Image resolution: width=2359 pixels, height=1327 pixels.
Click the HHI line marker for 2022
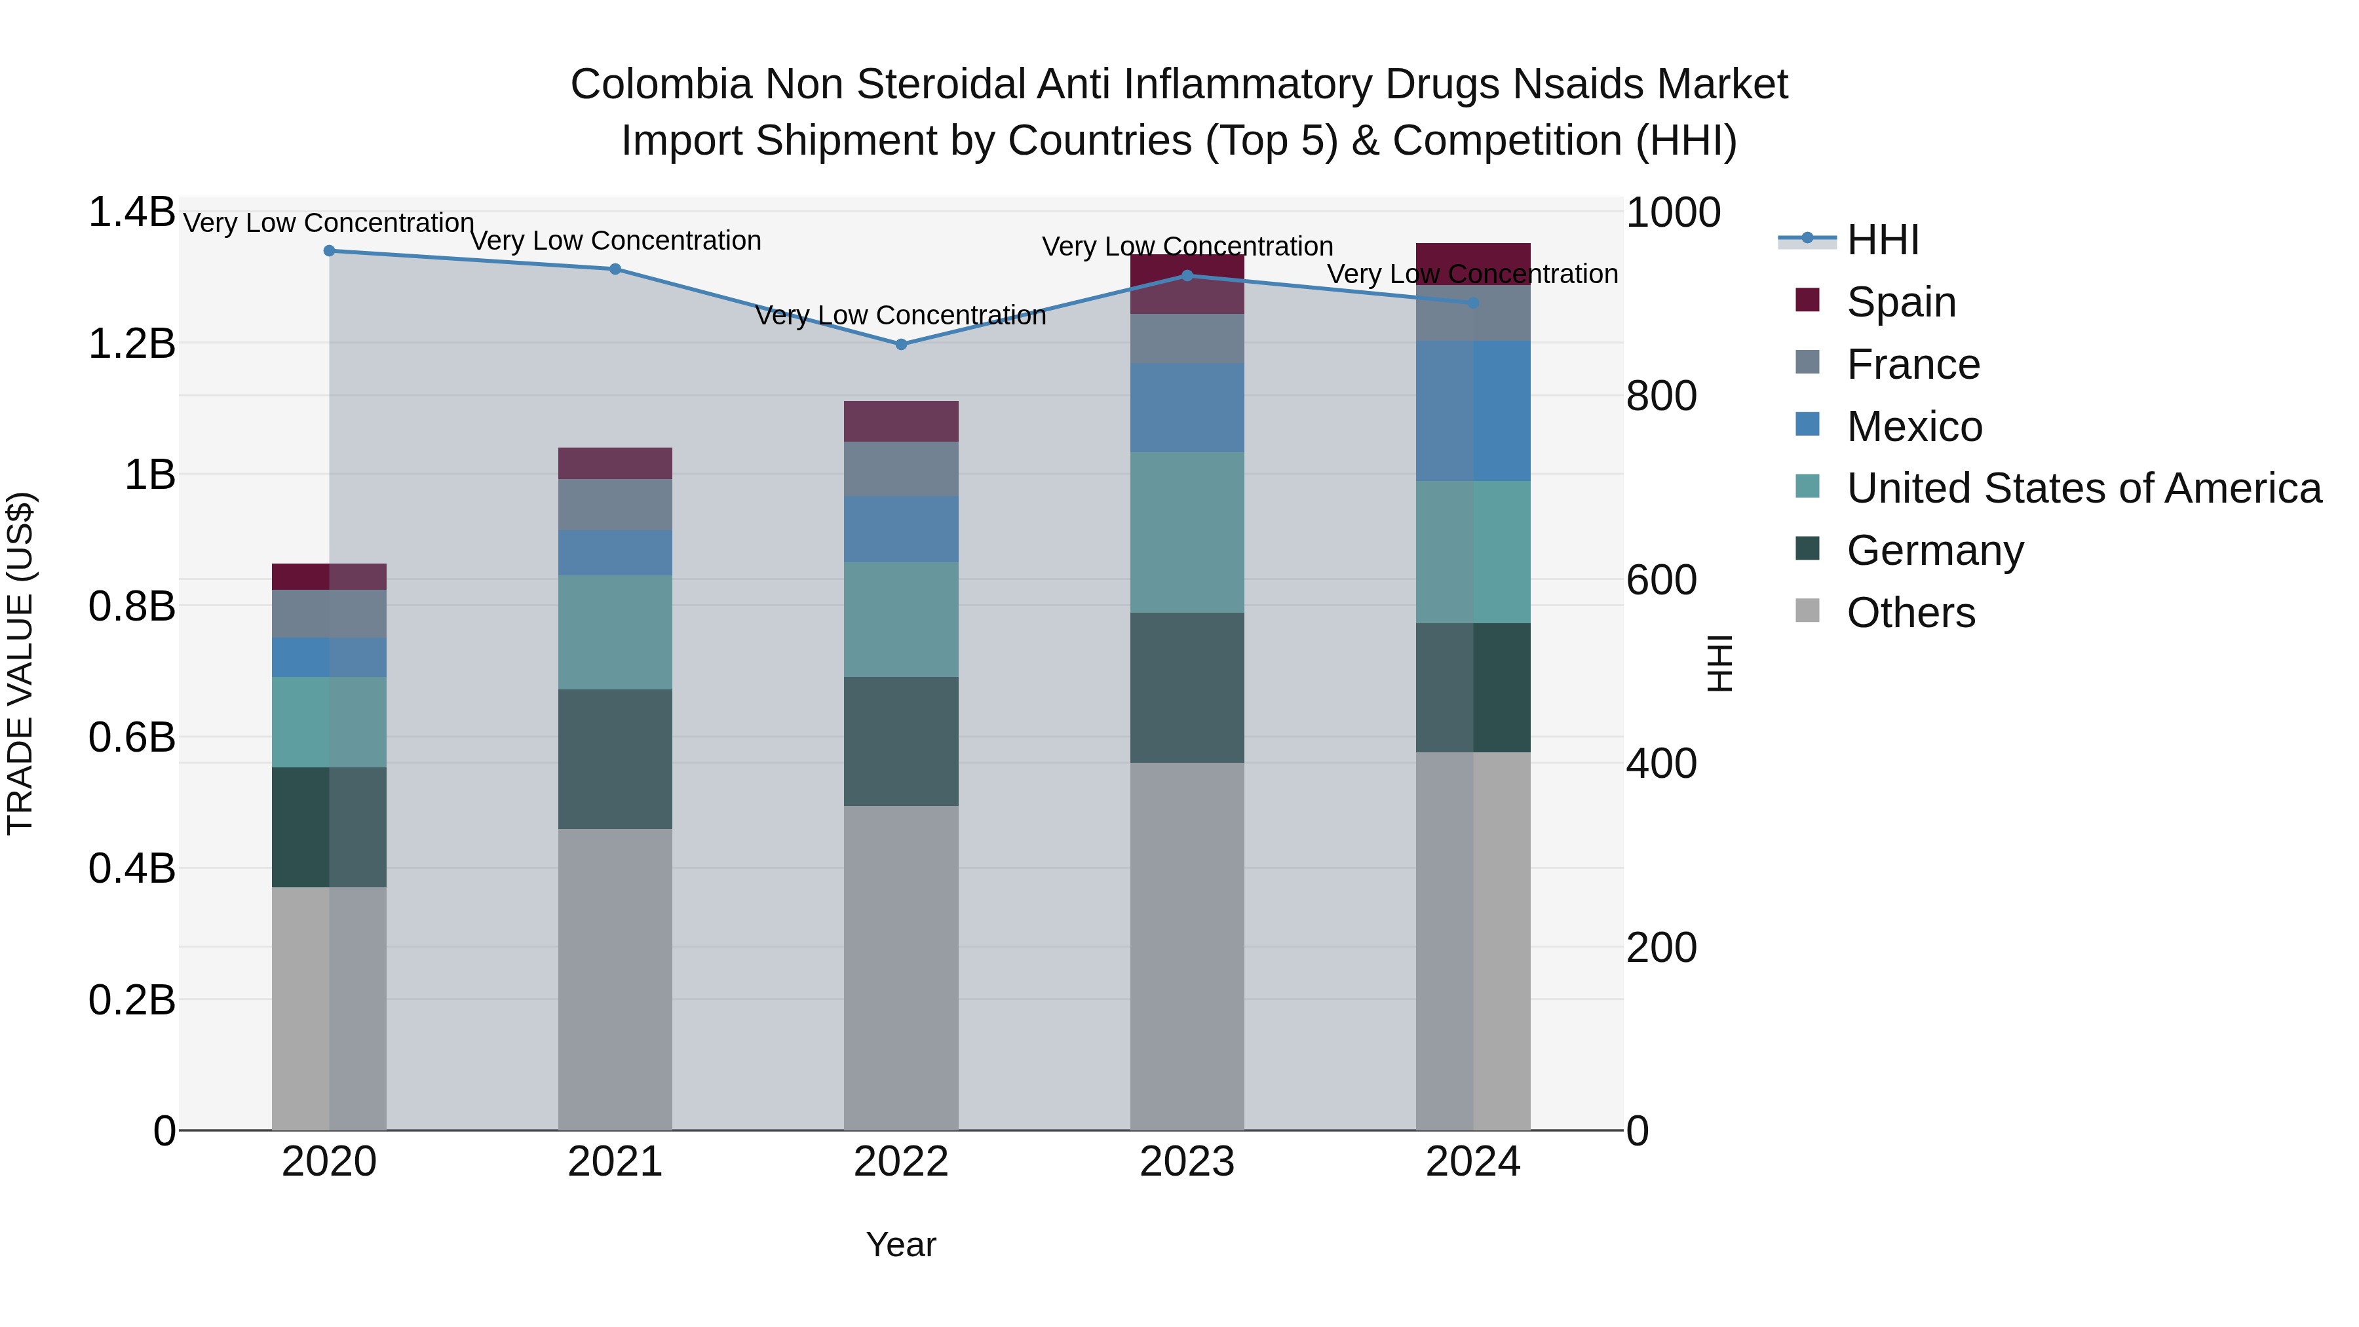pyautogui.click(x=900, y=344)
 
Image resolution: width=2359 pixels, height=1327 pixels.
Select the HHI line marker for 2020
pyautogui.click(x=330, y=251)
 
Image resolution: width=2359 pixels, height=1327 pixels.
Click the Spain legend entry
pyautogui.click(x=1900, y=302)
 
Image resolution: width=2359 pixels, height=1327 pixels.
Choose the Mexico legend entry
pyautogui.click(x=1914, y=427)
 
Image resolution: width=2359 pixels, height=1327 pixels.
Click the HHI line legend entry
pyautogui.click(x=1882, y=240)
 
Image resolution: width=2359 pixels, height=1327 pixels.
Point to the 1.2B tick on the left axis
pyautogui.click(x=131, y=344)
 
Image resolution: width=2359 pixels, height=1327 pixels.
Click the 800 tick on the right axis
pyautogui.click(x=1661, y=396)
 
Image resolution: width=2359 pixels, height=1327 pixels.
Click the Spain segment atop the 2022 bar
pyautogui.click(x=900, y=421)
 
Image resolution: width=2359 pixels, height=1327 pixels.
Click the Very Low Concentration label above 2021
pyautogui.click(x=615, y=241)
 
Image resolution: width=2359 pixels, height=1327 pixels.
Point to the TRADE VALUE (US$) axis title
pyautogui.click(x=20, y=663)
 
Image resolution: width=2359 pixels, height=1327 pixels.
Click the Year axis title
pyautogui.click(x=900, y=1244)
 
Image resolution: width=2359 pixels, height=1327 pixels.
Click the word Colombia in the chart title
pyautogui.click(x=661, y=85)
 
